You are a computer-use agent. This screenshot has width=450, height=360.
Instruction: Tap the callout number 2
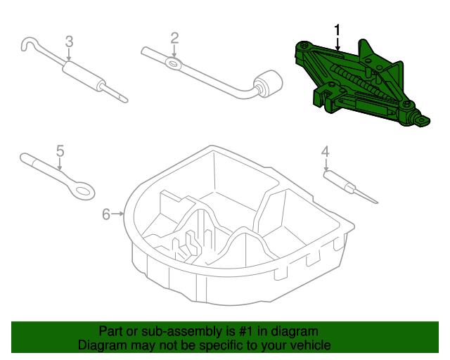(x=174, y=38)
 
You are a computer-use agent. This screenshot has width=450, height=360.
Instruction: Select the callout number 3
(x=69, y=41)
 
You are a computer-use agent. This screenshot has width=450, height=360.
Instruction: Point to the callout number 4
(x=325, y=151)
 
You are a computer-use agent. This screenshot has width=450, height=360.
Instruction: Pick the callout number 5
(x=60, y=150)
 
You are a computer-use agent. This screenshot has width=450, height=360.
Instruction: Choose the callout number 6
(x=105, y=214)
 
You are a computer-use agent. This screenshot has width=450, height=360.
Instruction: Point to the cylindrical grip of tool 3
(x=79, y=74)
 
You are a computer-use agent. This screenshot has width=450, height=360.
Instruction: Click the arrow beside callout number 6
(x=120, y=214)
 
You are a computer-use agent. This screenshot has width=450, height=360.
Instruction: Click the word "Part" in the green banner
(x=111, y=331)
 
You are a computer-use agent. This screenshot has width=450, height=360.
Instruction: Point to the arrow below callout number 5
(x=60, y=165)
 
